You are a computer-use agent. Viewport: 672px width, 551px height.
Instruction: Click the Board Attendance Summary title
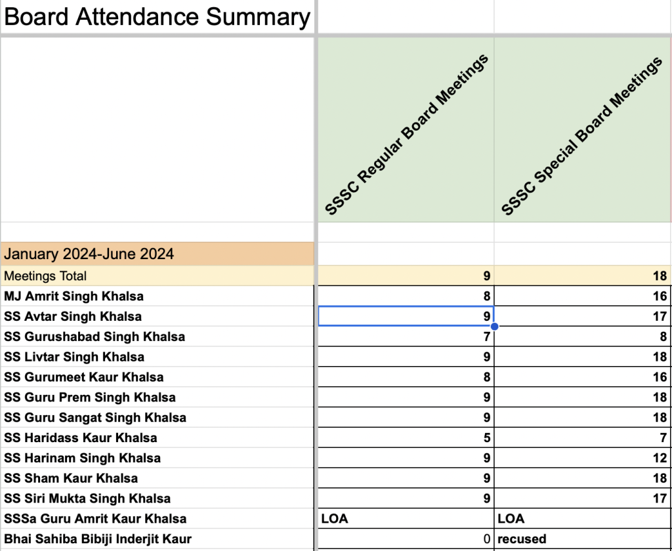click(157, 18)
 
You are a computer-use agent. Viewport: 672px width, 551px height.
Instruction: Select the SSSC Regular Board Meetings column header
click(407, 135)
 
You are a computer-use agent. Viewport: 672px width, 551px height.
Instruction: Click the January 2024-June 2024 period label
click(89, 254)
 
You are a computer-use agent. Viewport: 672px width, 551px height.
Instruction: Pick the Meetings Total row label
click(45, 276)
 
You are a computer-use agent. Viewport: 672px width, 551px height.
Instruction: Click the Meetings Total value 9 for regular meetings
click(486, 276)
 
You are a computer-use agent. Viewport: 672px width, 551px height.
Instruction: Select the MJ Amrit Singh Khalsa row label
click(73, 296)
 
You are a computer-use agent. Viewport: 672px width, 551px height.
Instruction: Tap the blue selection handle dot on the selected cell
click(494, 326)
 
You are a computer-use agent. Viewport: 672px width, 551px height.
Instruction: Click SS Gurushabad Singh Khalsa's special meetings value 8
click(663, 337)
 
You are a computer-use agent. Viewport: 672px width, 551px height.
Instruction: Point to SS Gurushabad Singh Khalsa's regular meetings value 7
click(486, 337)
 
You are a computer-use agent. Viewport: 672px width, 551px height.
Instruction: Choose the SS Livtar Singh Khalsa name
click(74, 357)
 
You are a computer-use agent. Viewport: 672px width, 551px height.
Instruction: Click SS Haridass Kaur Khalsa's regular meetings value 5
click(486, 438)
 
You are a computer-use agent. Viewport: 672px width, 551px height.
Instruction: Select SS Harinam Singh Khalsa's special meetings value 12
click(660, 459)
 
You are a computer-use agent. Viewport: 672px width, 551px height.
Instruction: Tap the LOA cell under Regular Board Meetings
click(335, 519)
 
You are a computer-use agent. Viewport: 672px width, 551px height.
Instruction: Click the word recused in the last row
click(522, 539)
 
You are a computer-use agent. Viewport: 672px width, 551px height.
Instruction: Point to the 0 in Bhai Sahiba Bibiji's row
click(486, 539)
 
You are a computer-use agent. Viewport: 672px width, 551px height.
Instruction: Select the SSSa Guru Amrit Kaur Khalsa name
click(95, 519)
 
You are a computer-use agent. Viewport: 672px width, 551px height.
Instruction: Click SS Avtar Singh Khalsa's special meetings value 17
click(660, 317)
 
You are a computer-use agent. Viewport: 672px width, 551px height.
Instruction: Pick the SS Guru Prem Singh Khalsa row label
click(90, 398)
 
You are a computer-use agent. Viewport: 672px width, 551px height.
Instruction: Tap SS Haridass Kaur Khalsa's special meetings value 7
click(663, 438)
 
